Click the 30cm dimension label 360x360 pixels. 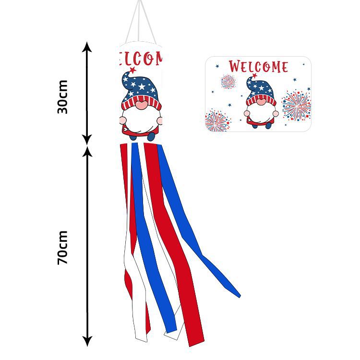tap(62, 96)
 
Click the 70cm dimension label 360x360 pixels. tap(62, 248)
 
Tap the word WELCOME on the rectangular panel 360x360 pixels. tap(258, 66)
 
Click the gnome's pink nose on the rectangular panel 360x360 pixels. tap(261, 102)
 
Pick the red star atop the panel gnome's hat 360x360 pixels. tap(254, 75)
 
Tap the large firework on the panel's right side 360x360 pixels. tap(296, 104)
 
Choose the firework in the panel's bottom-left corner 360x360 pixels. tap(216, 120)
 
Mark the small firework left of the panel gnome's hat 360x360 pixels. tap(228, 82)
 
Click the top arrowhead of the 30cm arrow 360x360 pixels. tap(86, 47)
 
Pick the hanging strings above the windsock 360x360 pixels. tap(141, 22)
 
